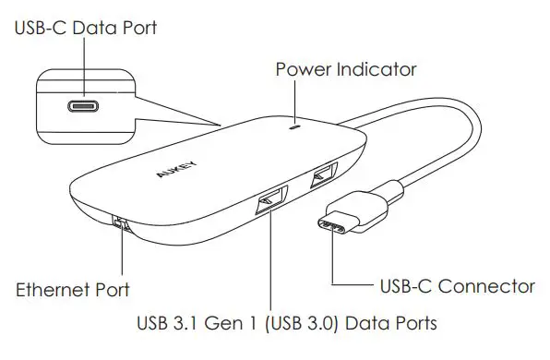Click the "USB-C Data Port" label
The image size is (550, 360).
click(86, 28)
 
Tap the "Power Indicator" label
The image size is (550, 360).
click(347, 69)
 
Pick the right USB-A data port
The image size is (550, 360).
click(323, 173)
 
